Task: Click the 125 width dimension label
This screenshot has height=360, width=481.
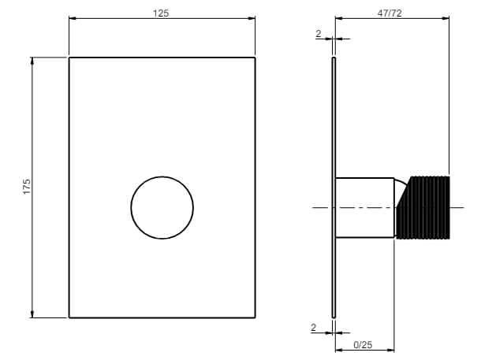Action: pos(161,13)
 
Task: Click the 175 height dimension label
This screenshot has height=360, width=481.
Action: pos(27,187)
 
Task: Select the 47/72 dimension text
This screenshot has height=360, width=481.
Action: pos(390,13)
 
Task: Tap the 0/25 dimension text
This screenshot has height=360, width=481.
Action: pos(363,345)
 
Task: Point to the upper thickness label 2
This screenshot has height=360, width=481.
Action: pos(319,33)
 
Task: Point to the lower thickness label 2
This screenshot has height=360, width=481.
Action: pos(313,328)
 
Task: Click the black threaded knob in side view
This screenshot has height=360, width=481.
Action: pos(423,207)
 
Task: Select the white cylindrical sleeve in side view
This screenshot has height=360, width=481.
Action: pos(365,207)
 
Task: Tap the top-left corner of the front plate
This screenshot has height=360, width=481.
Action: pos(69,58)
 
